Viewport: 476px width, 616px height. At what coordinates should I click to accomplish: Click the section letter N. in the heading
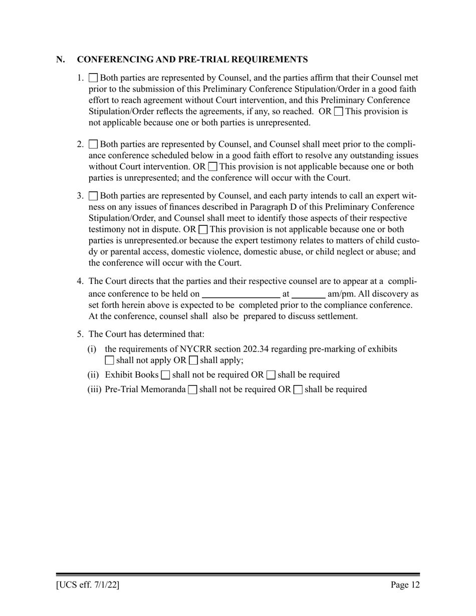(61, 60)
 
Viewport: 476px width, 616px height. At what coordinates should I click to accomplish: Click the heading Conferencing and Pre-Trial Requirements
(192, 60)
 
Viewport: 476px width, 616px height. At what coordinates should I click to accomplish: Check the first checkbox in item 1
(93, 78)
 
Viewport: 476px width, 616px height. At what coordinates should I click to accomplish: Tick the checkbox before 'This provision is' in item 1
(338, 111)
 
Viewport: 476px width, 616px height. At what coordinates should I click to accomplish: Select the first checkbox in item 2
(93, 145)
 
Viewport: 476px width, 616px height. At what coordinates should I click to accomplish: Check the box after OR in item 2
(212, 167)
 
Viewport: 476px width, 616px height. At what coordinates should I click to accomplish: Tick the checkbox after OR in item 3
(203, 230)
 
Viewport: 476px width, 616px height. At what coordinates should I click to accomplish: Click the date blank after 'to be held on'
(241, 294)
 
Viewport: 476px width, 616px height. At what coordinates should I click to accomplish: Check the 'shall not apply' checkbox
(110, 360)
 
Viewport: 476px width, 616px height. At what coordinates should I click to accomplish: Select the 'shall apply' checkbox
(193, 360)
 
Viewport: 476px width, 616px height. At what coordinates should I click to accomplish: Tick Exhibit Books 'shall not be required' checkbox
(165, 375)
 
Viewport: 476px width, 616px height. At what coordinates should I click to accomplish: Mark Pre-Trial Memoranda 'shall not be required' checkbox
(192, 390)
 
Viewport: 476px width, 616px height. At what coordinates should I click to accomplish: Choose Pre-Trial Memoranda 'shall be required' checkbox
(298, 390)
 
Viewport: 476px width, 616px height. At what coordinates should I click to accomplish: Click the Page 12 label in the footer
(405, 584)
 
